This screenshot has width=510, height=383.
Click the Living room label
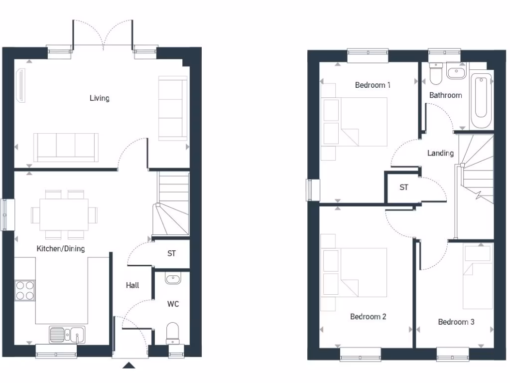(x=100, y=98)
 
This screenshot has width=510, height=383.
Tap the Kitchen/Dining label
(x=61, y=248)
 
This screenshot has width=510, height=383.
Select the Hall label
(x=132, y=285)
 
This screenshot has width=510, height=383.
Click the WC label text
(x=173, y=304)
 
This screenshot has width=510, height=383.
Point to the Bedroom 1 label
(x=373, y=85)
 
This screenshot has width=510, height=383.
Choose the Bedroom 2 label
(x=368, y=316)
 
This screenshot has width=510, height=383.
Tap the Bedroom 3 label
(x=456, y=322)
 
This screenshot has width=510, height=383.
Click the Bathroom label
(x=446, y=95)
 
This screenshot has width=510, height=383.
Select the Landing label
(x=441, y=153)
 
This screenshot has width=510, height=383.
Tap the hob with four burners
(x=25, y=290)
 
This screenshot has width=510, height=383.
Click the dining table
(x=64, y=214)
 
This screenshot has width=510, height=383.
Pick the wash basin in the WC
(x=173, y=279)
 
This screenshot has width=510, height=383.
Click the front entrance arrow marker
(x=129, y=366)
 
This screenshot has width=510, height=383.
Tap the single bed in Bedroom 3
(x=477, y=277)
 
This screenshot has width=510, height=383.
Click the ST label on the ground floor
(x=171, y=254)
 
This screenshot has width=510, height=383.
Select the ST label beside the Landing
(x=404, y=188)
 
